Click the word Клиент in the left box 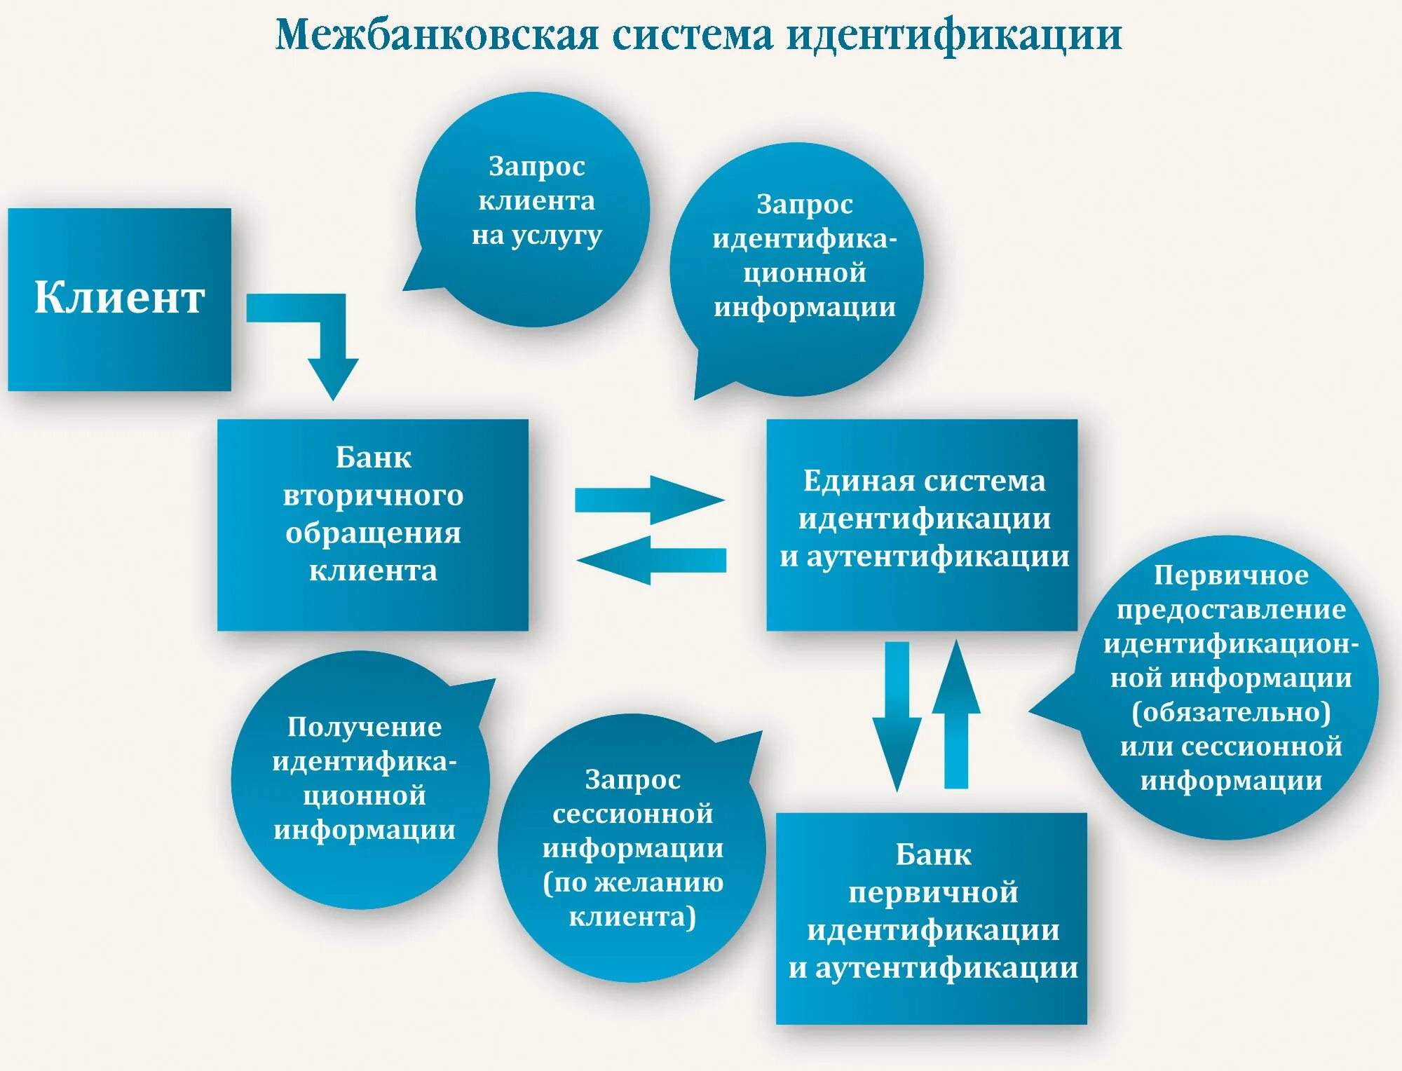click(x=119, y=297)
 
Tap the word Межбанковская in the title click(x=437, y=35)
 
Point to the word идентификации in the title click(x=954, y=35)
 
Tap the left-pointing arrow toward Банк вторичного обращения click(x=652, y=560)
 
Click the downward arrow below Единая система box click(x=897, y=715)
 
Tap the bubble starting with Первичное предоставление click(x=1230, y=687)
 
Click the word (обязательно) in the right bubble click(x=1231, y=712)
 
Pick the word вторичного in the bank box click(x=373, y=496)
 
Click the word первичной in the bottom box click(x=933, y=892)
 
